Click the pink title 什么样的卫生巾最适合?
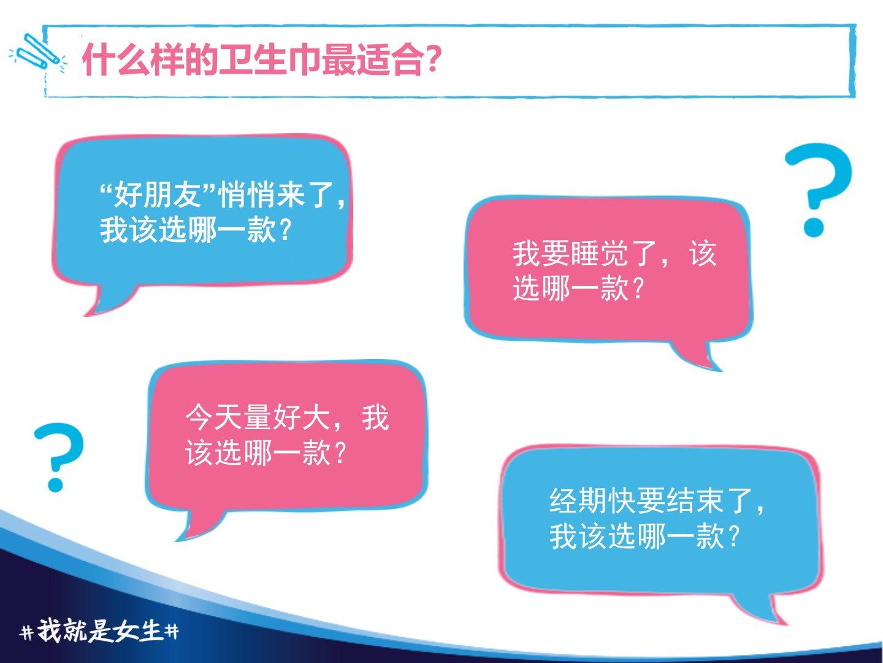click(260, 60)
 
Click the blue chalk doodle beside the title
click(37, 53)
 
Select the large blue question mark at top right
click(819, 190)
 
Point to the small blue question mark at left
click(59, 457)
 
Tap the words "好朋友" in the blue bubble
click(157, 195)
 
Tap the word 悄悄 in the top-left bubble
click(246, 195)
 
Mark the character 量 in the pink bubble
click(258, 418)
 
